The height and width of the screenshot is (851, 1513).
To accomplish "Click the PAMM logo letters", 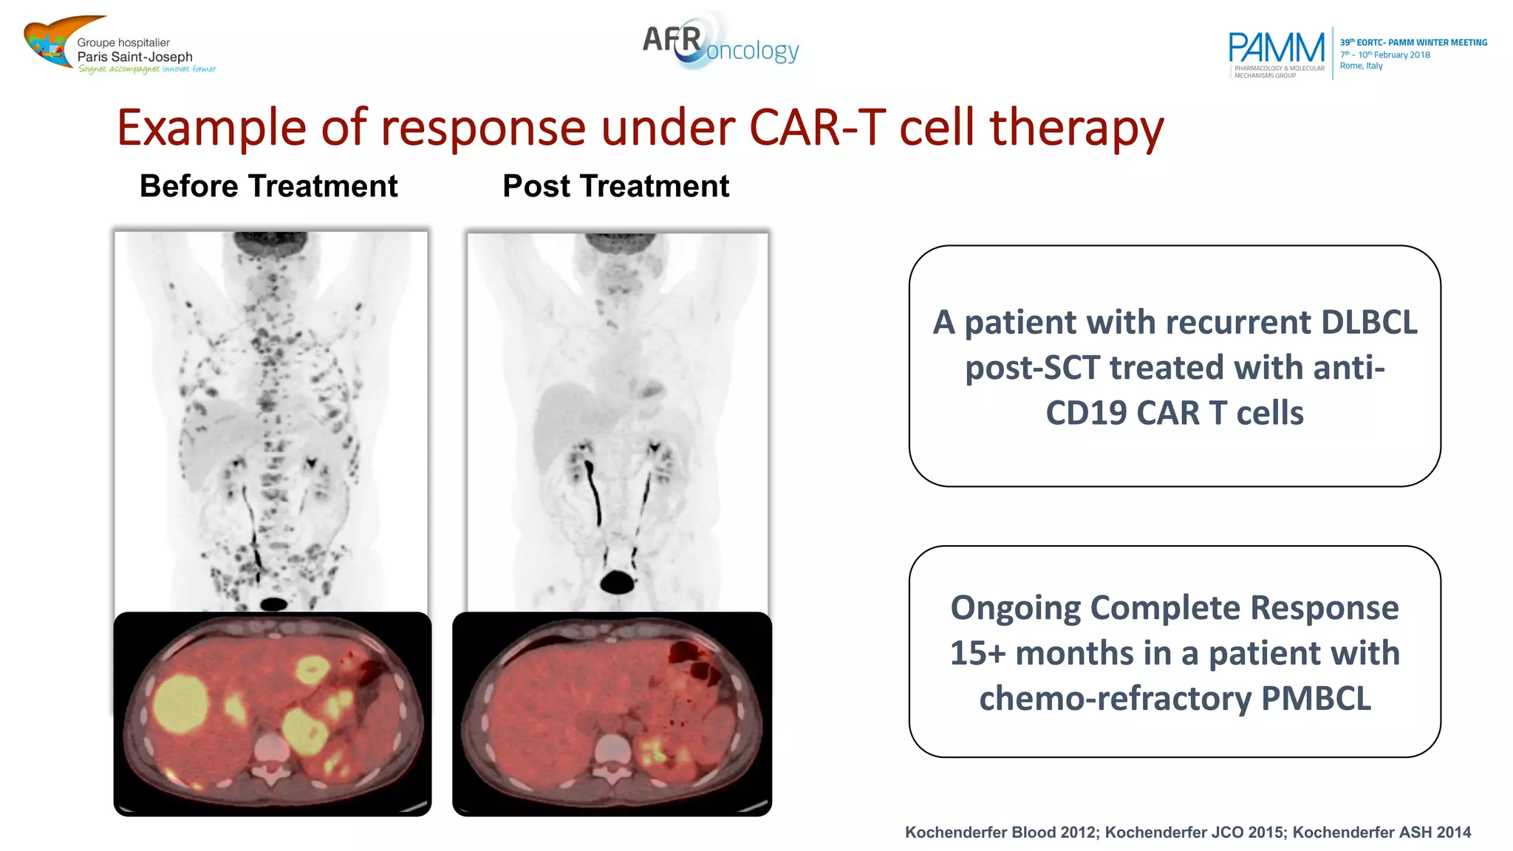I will pyautogui.click(x=1276, y=48).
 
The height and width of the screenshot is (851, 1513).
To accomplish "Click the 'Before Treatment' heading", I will pyautogui.click(x=268, y=186).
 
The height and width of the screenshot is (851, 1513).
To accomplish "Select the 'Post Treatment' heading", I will pyautogui.click(x=615, y=186).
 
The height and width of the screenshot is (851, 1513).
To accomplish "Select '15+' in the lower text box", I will pyautogui.click(x=977, y=653).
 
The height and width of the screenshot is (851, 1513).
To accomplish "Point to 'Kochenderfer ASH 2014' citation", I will pyautogui.click(x=1381, y=833).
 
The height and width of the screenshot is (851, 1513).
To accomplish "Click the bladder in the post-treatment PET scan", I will pyautogui.click(x=617, y=583).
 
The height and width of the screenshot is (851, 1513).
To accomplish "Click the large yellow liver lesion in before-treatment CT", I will pyautogui.click(x=180, y=704).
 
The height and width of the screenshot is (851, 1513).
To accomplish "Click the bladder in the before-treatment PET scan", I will pyautogui.click(x=273, y=604).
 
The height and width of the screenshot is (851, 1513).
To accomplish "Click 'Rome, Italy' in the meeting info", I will pyautogui.click(x=1361, y=66).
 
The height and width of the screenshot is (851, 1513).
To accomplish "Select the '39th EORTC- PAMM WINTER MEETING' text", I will pyautogui.click(x=1413, y=43).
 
